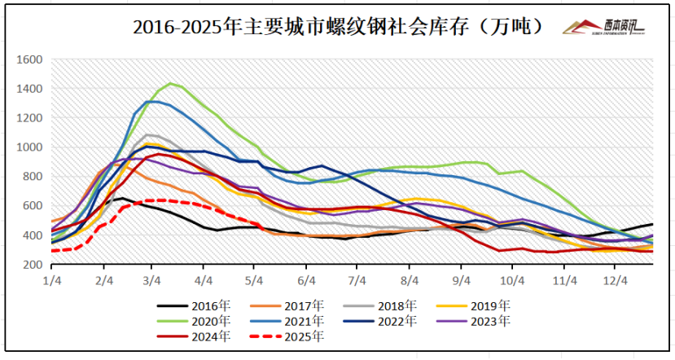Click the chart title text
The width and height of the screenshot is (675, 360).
coord(338,26)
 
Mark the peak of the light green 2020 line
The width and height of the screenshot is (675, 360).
coord(169,83)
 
